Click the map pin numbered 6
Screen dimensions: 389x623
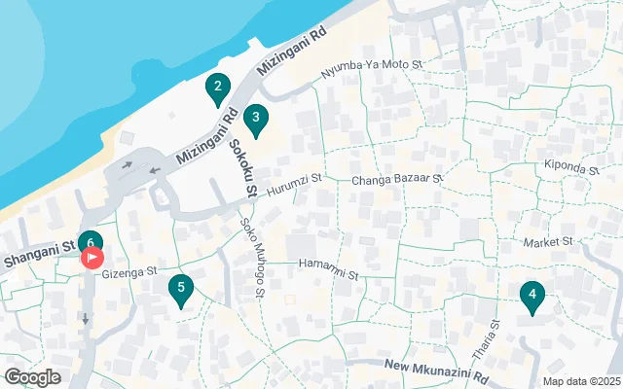tap(90, 241)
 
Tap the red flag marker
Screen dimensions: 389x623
tap(92, 258)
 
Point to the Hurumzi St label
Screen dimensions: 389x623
tap(294, 181)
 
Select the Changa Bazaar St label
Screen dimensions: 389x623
tap(397, 180)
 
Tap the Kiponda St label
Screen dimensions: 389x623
tap(571, 167)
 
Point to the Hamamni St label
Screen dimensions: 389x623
tap(328, 264)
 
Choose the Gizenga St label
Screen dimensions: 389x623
tap(131, 273)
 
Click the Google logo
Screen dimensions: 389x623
tap(32, 377)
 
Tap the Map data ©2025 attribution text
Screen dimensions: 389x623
tap(580, 380)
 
